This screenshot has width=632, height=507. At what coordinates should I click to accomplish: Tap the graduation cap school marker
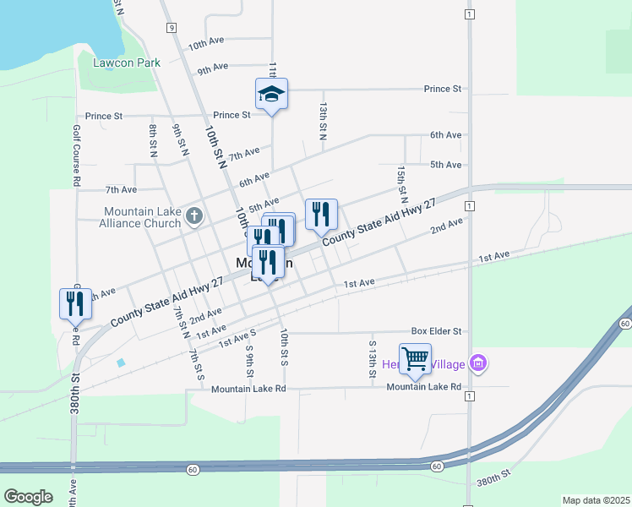272,93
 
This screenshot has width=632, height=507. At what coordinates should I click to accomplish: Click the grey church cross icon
194,216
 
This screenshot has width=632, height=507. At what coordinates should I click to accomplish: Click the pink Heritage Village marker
479,363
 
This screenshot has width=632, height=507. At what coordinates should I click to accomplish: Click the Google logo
28,496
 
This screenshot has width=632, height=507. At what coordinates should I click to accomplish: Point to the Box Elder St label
436,331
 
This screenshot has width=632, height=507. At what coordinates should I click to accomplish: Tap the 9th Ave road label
213,68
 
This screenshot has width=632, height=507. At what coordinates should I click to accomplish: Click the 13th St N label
323,121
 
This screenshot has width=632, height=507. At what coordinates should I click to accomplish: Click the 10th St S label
285,347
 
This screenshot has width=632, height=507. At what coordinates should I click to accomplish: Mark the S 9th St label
250,360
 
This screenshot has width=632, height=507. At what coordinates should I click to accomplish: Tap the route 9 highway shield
172,28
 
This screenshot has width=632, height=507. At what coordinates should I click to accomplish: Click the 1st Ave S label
237,340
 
